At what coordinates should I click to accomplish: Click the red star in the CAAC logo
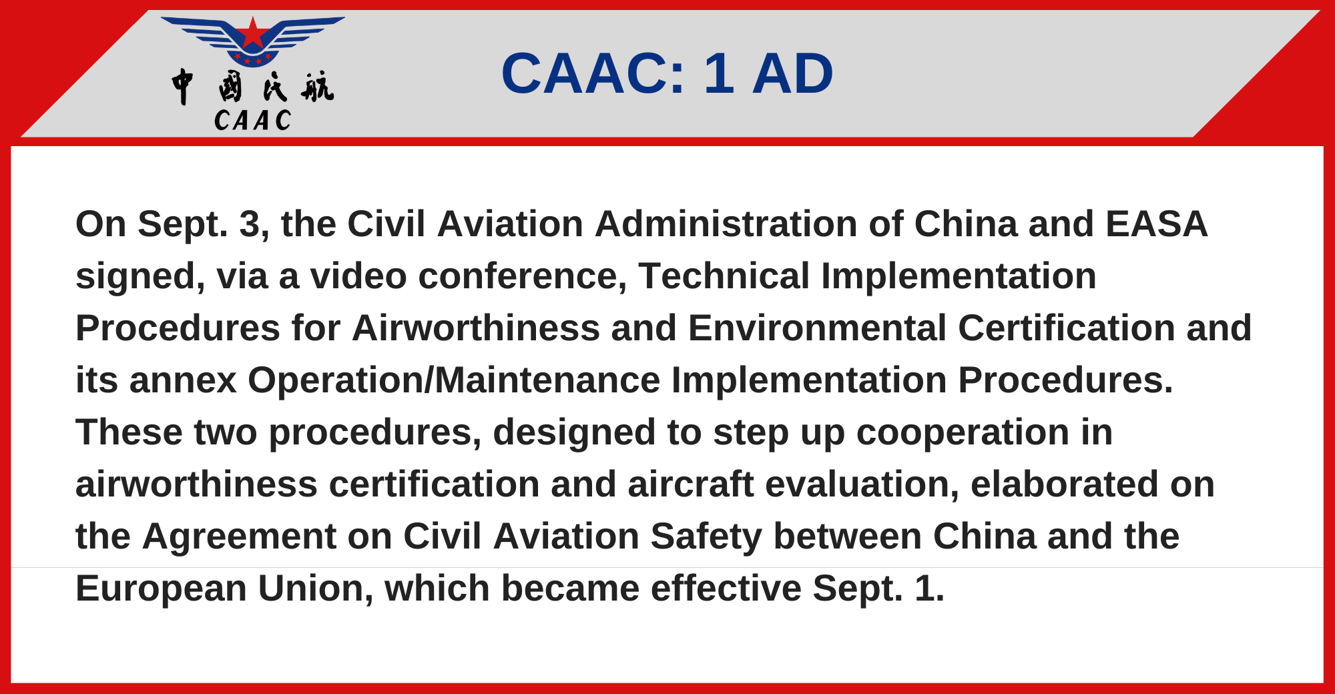point(252,33)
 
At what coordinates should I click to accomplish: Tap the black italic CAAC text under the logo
point(253,121)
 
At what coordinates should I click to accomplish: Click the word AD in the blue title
point(793,73)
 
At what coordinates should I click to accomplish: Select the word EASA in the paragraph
point(1156,224)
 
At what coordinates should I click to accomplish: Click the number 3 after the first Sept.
point(250,224)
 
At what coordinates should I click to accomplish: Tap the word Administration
point(726,224)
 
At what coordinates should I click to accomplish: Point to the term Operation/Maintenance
point(454,380)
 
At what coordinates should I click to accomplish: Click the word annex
point(183,381)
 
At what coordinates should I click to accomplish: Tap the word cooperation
point(963,432)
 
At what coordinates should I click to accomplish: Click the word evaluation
point(864,484)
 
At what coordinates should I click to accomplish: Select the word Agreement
point(239,537)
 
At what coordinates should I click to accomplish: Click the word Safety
point(706,537)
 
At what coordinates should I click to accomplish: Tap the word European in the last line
point(162,589)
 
